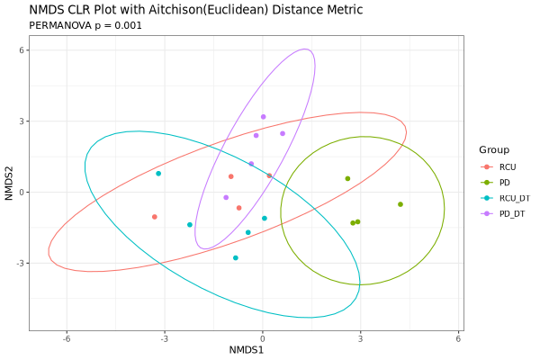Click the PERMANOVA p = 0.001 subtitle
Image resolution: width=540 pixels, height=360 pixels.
(85, 25)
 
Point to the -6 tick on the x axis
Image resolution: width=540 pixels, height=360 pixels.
(66, 337)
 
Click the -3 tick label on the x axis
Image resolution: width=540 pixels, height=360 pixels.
(164, 337)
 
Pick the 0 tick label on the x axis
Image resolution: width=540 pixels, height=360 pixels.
(263, 337)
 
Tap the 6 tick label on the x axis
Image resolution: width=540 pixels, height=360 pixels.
(459, 337)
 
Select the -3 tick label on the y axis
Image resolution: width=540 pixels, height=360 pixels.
(18, 263)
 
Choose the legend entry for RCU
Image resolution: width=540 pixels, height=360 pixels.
(508, 167)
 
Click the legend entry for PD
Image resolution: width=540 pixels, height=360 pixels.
(505, 183)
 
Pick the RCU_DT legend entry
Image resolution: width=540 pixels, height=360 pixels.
(514, 198)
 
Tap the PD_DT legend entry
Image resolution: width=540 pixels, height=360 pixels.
(512, 213)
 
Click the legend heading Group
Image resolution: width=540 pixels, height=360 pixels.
(494, 149)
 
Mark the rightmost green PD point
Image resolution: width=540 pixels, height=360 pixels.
(400, 204)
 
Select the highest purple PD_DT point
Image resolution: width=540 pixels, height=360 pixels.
(264, 117)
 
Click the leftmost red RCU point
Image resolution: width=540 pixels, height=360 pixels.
(155, 217)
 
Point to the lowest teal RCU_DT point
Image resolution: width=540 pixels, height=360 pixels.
(236, 258)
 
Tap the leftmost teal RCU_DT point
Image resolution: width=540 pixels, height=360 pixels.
(158, 174)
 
